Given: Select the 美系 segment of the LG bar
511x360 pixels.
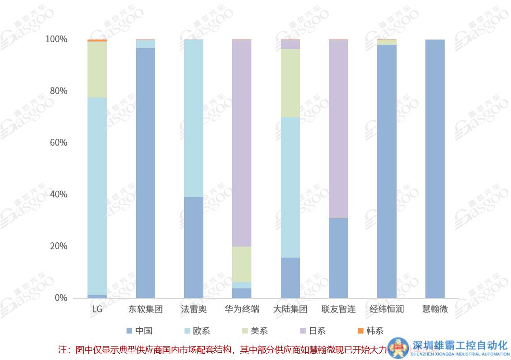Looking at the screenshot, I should pos(97,70).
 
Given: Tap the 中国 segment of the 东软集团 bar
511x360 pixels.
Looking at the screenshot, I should pos(146,173).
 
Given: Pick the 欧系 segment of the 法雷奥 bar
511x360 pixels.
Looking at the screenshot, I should pos(194,118).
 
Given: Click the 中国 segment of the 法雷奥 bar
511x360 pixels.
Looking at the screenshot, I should pos(194,248).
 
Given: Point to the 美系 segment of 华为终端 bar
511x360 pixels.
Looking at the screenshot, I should pos(242,264).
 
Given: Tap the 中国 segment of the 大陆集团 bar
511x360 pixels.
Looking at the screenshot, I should pos(290,278).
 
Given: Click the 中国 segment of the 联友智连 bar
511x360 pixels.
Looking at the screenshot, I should pos(338,258).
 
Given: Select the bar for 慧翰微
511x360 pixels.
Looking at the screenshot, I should pos(435,169).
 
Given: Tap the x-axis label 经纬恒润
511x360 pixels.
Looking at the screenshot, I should pos(386,309).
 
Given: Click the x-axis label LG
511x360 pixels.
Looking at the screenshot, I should pos(97,309).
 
